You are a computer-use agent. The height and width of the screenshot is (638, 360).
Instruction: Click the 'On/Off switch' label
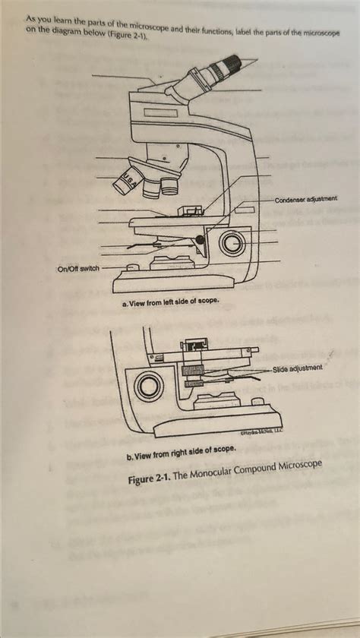(78, 269)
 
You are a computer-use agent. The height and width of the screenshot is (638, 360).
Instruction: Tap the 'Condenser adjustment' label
(305, 199)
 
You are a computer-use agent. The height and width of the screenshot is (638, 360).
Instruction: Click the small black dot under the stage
(200, 241)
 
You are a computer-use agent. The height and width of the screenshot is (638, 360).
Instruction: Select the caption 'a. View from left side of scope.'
(170, 302)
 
